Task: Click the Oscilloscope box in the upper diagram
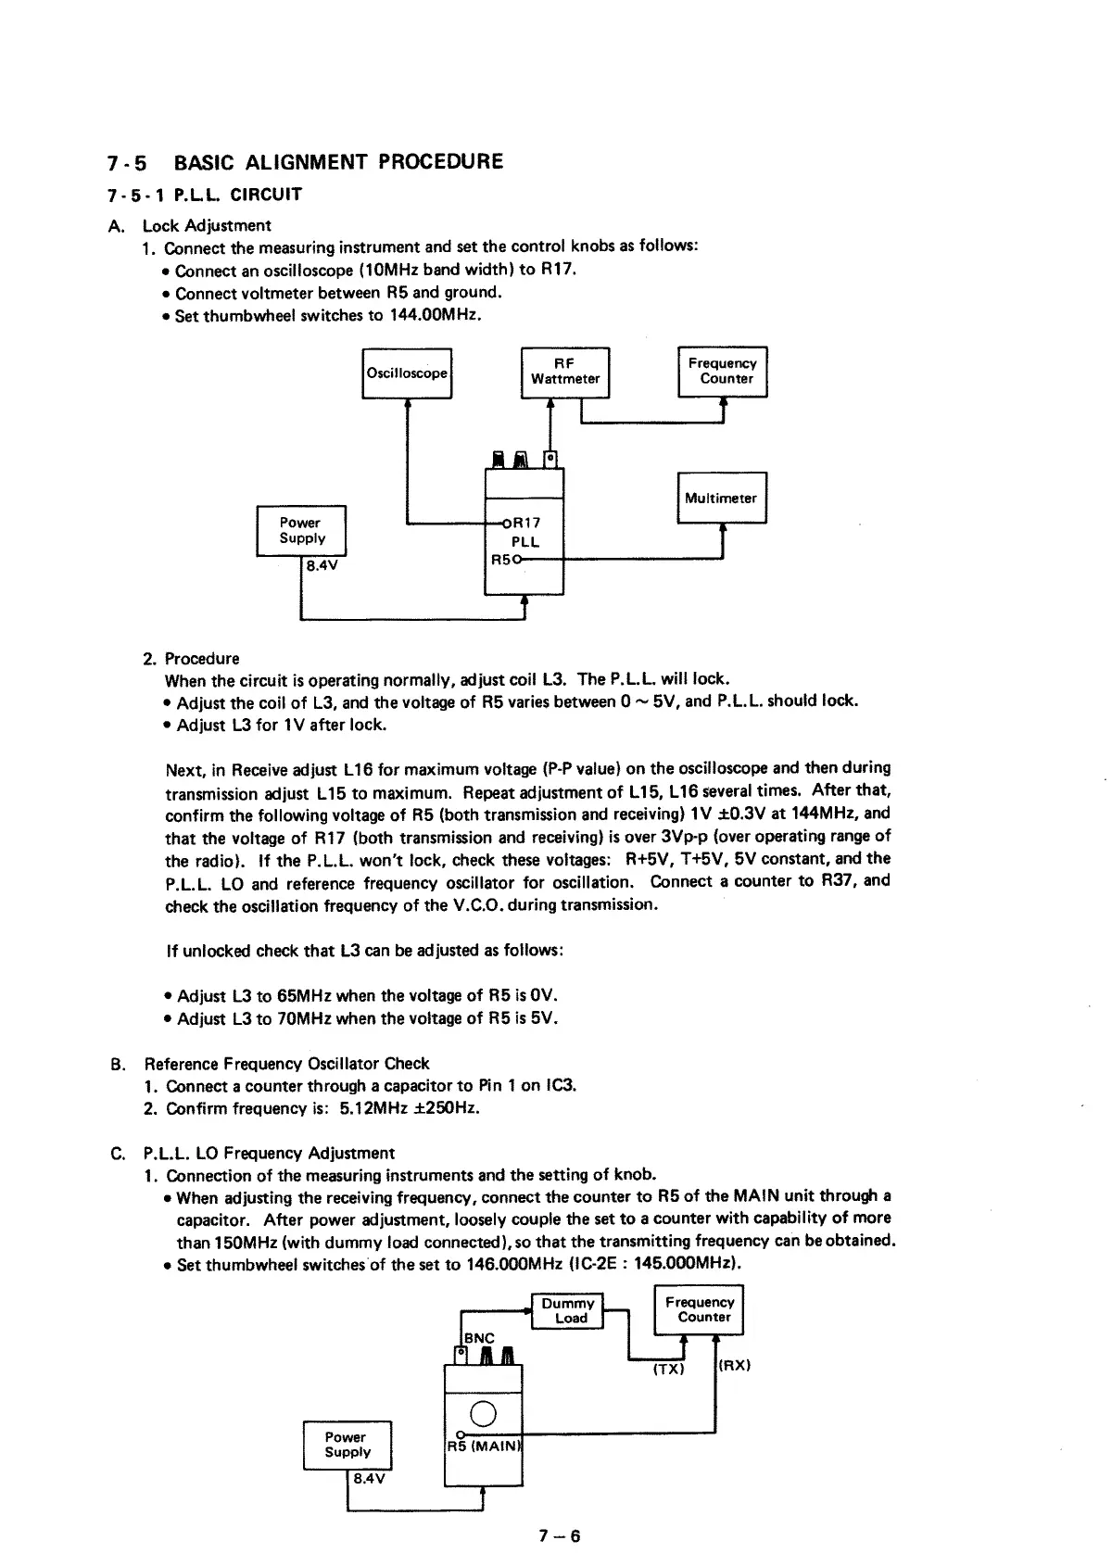pos(407,373)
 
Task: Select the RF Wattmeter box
pos(565,372)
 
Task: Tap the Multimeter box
pos(722,498)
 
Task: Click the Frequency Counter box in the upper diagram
pos(723,372)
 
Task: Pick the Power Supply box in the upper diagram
pos(301,531)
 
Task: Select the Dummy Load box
pos(567,1310)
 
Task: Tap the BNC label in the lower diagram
pos(479,1338)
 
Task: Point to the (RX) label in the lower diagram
pos(734,1365)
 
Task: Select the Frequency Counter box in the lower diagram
pos(700,1309)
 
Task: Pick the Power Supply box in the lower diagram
pos(347,1445)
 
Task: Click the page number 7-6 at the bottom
pos(559,1536)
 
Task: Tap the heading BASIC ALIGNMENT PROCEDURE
pos(339,162)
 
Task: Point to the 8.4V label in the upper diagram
pos(319,567)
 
